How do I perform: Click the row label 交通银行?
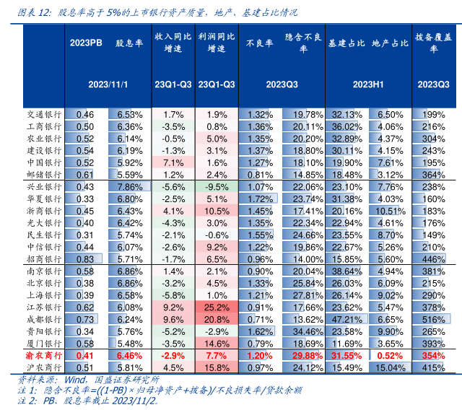pos(43,114)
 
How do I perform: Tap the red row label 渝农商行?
pos(43,356)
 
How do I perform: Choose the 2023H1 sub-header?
pos(367,84)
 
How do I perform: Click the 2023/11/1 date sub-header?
pos(108,84)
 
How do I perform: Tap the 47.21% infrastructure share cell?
pos(346,318)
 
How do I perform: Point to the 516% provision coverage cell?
pos(433,318)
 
